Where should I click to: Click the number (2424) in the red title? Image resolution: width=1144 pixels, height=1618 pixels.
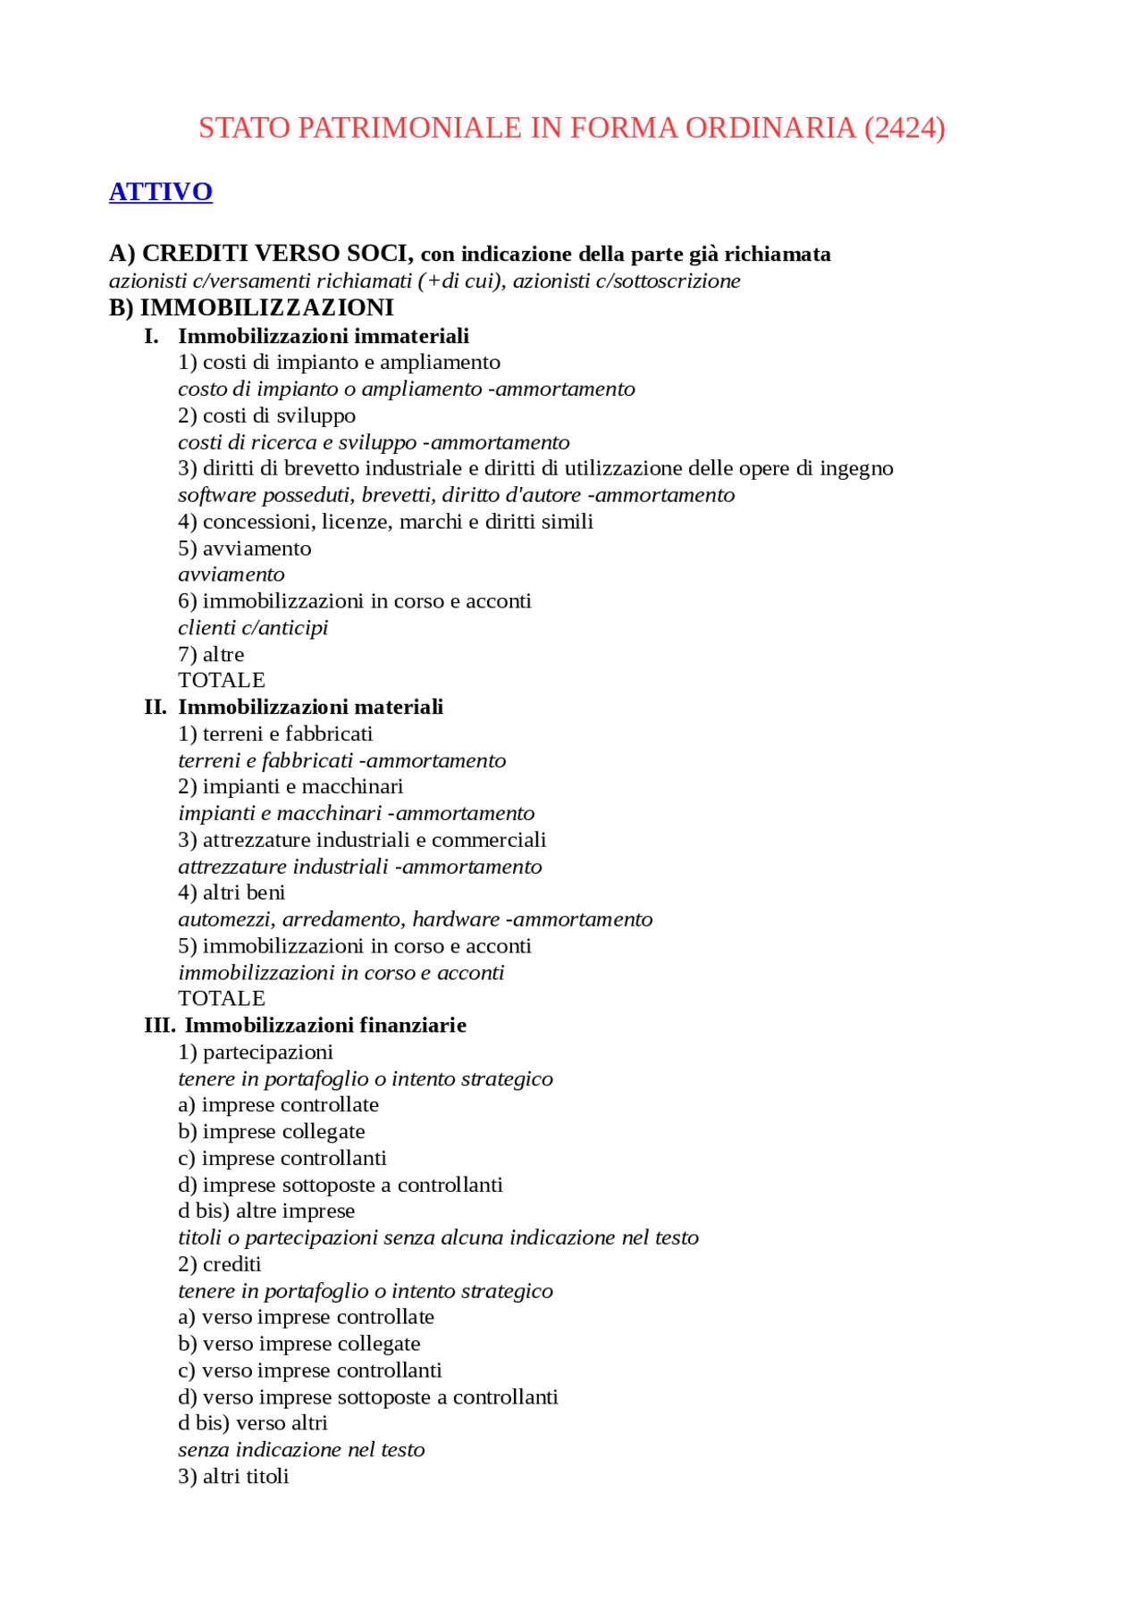[904, 128]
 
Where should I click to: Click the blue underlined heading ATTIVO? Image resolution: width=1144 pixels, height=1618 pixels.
[161, 192]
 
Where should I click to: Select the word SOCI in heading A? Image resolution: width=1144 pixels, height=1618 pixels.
[376, 254]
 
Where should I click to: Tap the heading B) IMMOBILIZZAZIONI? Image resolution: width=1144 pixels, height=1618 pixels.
[251, 307]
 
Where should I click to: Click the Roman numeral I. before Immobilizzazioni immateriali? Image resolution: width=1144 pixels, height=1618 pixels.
[152, 336]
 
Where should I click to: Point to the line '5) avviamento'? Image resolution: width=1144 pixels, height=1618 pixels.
[244, 549]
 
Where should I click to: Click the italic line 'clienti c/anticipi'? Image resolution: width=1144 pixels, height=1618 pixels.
[253, 628]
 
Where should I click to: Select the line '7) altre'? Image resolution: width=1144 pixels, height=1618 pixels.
[211, 655]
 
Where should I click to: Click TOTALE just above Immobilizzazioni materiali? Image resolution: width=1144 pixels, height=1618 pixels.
[221, 681]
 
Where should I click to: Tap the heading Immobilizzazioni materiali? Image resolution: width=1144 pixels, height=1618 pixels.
[310, 708]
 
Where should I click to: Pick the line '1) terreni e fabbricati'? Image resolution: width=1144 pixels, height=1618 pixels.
[275, 734]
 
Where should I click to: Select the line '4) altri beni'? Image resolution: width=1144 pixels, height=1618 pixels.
[231, 893]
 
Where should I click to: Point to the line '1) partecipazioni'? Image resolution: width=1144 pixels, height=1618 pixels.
[256, 1052]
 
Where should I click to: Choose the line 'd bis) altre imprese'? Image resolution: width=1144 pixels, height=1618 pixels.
[266, 1211]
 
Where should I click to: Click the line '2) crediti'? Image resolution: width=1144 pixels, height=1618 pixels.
[220, 1265]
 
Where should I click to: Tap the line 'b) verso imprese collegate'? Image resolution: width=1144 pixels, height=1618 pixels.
[299, 1345]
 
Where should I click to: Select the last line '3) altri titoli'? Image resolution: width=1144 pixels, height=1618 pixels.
[233, 1477]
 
